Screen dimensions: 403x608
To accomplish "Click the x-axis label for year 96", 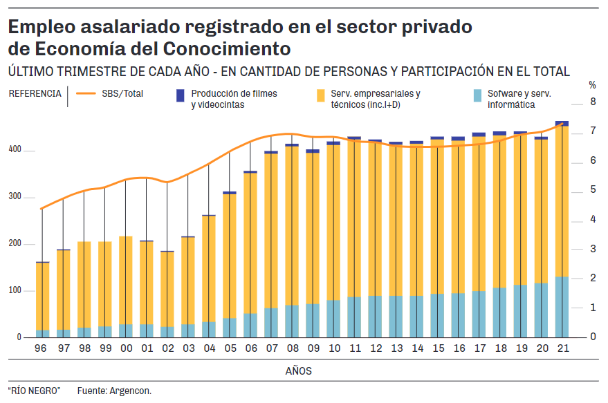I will tap(42, 349).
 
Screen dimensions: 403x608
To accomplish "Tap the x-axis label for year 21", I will tap(562, 349).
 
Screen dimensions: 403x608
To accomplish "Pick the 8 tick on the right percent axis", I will tap(592, 102).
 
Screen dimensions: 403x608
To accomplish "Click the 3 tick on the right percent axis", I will tap(592, 249).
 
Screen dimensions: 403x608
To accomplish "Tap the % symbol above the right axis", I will tap(592, 85).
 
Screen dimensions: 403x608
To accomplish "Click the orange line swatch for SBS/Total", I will tap(86, 93).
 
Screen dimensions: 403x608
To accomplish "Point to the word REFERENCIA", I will tap(35, 93).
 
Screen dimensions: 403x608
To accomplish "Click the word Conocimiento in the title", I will tap(226, 49).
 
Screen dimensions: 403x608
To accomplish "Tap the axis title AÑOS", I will tap(299, 371).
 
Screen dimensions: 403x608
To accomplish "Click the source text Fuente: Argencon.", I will tap(114, 391).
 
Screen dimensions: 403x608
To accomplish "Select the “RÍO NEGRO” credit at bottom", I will tap(34, 391).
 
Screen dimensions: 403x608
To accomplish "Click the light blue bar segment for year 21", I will tap(562, 307).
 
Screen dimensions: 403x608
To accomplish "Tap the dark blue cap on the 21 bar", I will tap(562, 124).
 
